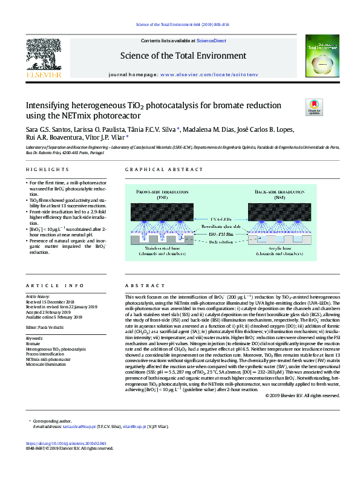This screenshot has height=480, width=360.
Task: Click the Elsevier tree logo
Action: click(42, 55)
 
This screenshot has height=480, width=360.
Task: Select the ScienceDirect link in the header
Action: click(212, 41)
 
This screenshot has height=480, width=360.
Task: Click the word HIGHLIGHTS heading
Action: click(42, 170)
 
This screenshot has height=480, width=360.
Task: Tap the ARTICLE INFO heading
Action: click(47, 285)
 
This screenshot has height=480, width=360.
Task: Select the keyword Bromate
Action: click(34, 343)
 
